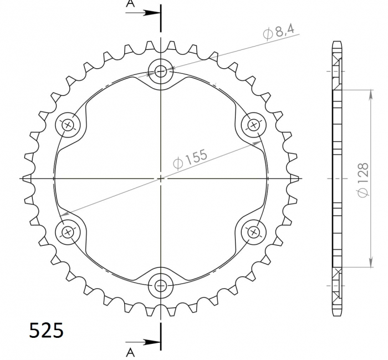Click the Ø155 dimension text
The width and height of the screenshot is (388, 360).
[x=190, y=160]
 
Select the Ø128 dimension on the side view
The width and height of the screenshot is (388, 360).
[x=363, y=178]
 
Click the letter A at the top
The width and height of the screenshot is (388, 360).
[x=130, y=4]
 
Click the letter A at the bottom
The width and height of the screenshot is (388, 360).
[x=130, y=352]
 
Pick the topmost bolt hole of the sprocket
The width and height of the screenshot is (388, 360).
[x=161, y=71]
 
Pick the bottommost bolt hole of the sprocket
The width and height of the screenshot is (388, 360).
[x=161, y=286]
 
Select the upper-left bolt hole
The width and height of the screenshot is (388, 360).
[x=68, y=125]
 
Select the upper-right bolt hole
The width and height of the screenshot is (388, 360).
[x=253, y=125]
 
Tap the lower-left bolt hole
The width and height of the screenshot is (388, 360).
[x=68, y=232]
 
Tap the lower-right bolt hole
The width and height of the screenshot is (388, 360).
[x=253, y=232]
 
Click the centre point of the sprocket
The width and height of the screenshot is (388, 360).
[x=161, y=178]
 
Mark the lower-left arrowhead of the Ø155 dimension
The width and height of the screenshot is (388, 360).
[x=64, y=212]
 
